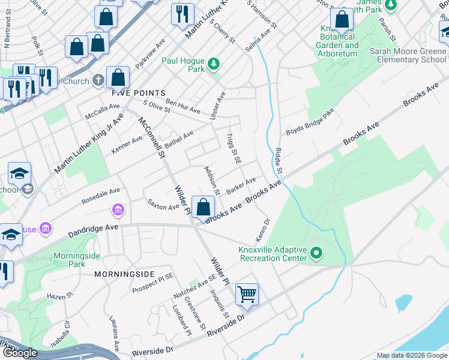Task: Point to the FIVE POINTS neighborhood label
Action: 139,93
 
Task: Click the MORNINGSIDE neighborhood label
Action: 125,274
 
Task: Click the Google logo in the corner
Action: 20,353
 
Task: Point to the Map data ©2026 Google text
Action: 412,355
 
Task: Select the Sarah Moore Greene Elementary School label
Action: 408,56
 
